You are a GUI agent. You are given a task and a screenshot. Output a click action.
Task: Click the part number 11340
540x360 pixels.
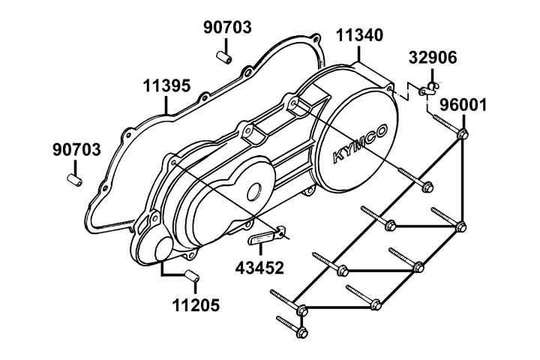359,34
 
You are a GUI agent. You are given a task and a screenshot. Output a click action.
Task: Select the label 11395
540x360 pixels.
166,86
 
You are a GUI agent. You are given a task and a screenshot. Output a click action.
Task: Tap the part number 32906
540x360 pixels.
433,58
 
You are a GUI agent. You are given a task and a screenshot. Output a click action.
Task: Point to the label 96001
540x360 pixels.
463,104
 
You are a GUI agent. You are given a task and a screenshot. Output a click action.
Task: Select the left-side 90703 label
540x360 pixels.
76,149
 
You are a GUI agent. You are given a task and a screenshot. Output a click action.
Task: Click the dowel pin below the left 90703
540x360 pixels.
74,180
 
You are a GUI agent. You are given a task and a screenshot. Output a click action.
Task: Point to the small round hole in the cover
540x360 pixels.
253,192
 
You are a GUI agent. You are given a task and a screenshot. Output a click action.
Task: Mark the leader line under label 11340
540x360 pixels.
360,52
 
